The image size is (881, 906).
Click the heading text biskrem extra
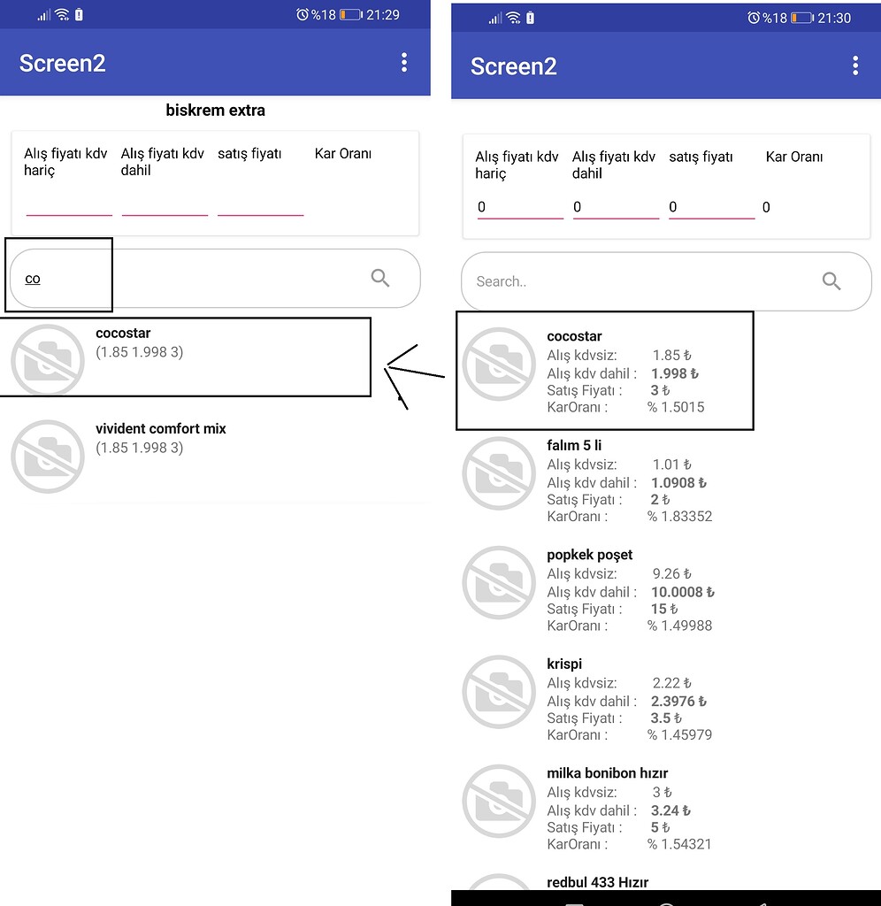click(x=215, y=111)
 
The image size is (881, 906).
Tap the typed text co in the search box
click(x=33, y=279)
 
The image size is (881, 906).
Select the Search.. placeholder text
click(x=502, y=281)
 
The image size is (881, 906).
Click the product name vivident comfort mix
click(x=161, y=429)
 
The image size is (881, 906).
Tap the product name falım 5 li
click(x=574, y=445)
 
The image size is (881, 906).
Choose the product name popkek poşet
click(x=590, y=555)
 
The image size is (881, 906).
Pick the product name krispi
click(x=564, y=664)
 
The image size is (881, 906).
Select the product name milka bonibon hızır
click(x=607, y=773)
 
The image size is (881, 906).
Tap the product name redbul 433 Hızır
click(x=598, y=882)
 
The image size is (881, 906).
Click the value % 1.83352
click(x=679, y=517)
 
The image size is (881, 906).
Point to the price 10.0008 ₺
click(x=683, y=592)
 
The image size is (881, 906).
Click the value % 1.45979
click(x=679, y=735)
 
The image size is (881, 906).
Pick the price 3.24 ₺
click(x=670, y=810)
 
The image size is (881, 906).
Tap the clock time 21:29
click(x=382, y=15)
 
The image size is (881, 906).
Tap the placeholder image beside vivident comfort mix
click(x=48, y=457)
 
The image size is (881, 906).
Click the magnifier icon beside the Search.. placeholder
click(x=831, y=281)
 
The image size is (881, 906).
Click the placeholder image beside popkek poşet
click(x=499, y=582)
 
